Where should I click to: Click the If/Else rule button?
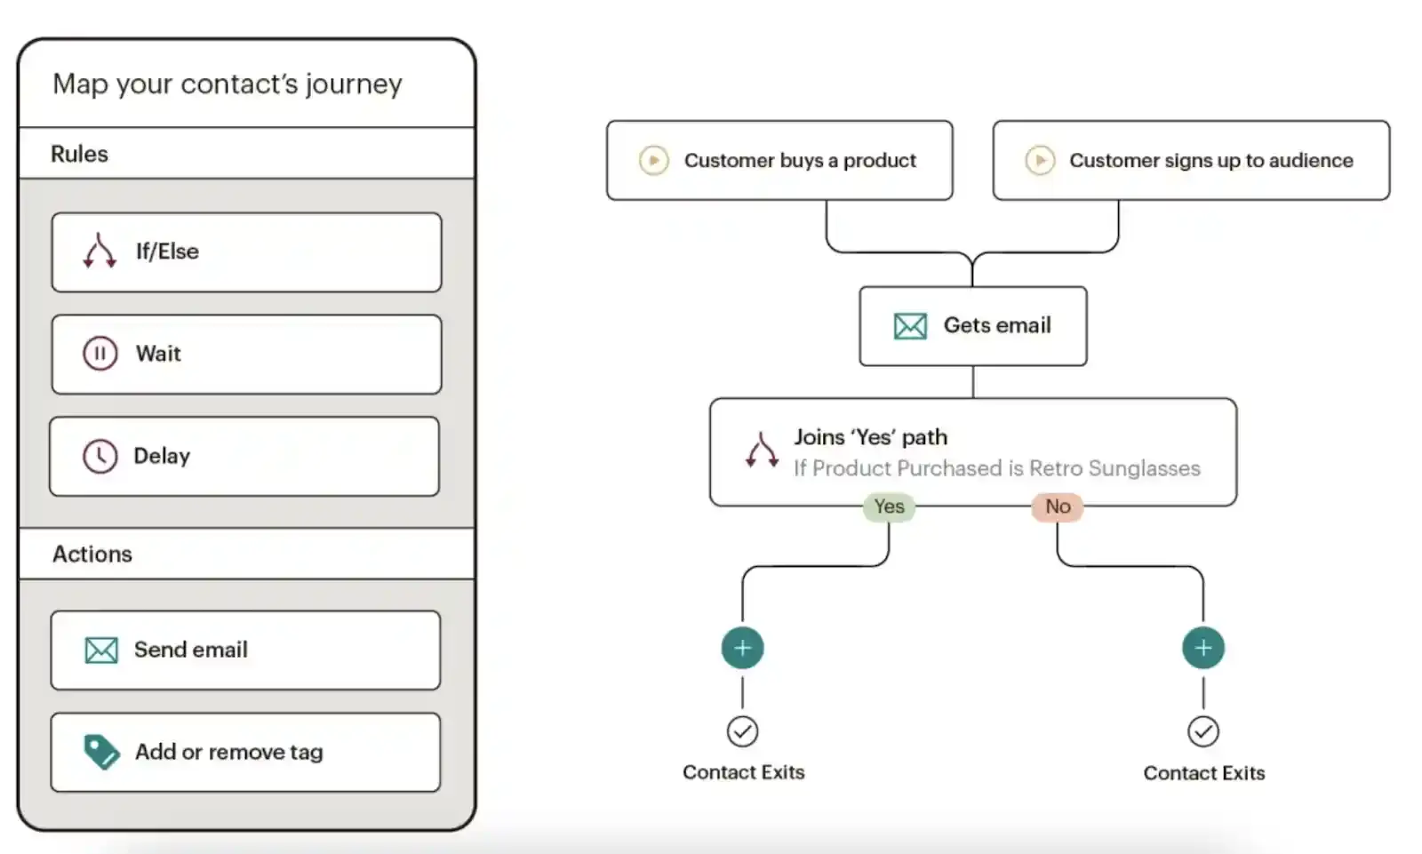point(246,252)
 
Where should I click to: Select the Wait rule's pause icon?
point(100,354)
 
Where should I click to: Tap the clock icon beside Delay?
point(100,456)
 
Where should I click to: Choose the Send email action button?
point(245,650)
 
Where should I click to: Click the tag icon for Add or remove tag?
point(101,752)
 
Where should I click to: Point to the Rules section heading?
point(80,154)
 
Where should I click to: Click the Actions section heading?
point(92,554)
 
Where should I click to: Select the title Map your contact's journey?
point(228,84)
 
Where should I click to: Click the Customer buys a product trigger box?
point(779,160)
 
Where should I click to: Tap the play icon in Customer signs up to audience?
point(1040,160)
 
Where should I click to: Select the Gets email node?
point(972,325)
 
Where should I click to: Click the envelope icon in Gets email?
point(910,326)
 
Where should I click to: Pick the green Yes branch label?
point(889,507)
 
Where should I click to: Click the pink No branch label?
point(1058,507)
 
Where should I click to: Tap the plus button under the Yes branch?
point(742,648)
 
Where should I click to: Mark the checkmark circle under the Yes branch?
point(742,731)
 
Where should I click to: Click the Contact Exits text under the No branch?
point(1203,773)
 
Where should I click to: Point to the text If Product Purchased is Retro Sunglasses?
point(996,468)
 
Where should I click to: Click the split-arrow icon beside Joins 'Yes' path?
point(762,451)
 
